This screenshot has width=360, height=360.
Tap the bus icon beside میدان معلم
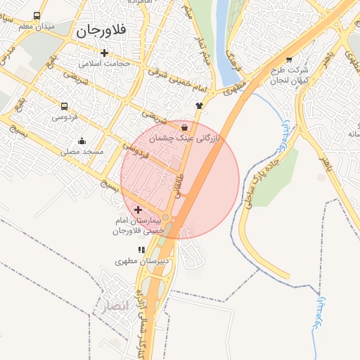pyautogui.click(x=37, y=15)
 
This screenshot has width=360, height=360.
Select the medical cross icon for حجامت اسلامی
pyautogui.click(x=105, y=53)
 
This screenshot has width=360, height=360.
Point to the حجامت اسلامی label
pyautogui.click(x=105, y=64)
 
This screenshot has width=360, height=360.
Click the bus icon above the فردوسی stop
pyautogui.click(x=64, y=106)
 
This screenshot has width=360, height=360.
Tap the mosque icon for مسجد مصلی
pyautogui.click(x=82, y=141)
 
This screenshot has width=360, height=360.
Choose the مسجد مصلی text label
pyautogui.click(x=82, y=151)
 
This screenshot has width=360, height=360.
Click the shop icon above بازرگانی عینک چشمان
pyautogui.click(x=184, y=128)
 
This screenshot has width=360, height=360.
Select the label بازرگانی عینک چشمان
pyautogui.click(x=186, y=139)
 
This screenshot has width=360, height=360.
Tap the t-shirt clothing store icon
pyautogui.click(x=199, y=105)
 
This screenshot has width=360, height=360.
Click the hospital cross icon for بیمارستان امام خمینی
pyautogui.click(x=138, y=210)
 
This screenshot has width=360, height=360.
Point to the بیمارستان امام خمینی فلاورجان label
pyautogui.click(x=139, y=226)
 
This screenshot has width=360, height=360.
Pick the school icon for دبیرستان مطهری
pyautogui.click(x=141, y=250)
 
